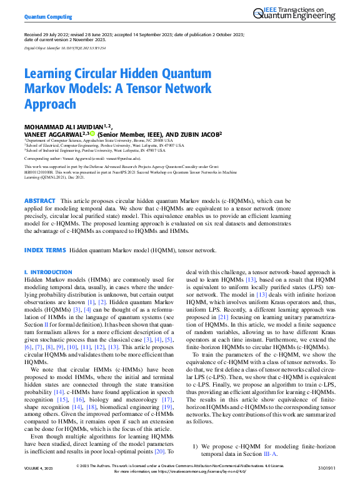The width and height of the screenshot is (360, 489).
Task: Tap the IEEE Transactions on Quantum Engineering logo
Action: point(301,14)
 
